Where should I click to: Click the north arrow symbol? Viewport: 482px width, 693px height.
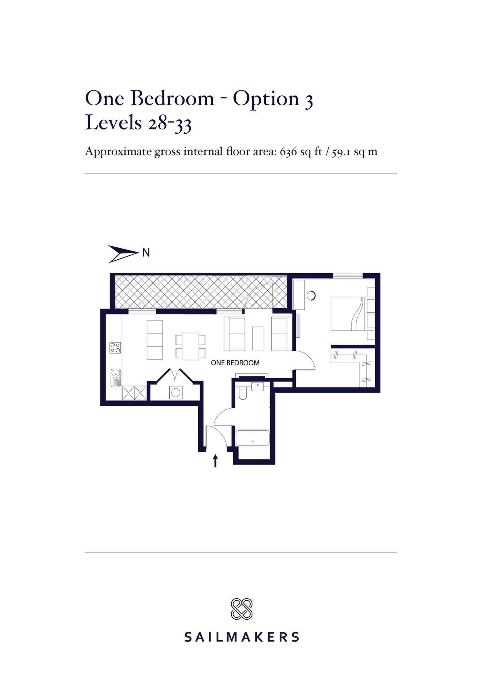[x=122, y=253]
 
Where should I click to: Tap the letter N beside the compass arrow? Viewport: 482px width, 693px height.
[x=146, y=253]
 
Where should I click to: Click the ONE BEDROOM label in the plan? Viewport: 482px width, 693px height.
[x=235, y=363]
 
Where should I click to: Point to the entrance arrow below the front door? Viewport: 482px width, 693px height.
[x=215, y=461]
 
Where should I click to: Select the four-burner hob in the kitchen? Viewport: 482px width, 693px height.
[x=115, y=348]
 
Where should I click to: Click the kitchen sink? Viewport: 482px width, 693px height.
[x=116, y=378]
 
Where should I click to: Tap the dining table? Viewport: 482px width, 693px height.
[x=190, y=346]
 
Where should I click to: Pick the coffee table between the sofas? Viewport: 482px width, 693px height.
[x=258, y=338]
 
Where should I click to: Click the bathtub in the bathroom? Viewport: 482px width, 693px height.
[x=252, y=438]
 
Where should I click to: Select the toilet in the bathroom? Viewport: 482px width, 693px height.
[x=243, y=393]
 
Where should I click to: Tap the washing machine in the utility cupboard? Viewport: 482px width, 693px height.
[x=176, y=392]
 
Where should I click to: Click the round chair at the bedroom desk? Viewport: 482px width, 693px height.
[x=312, y=295]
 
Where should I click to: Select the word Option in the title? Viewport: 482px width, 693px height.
[x=266, y=99]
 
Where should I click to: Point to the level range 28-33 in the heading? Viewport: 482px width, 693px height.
[x=169, y=123]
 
